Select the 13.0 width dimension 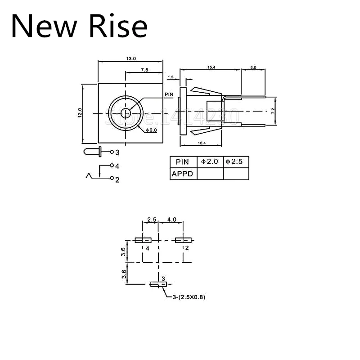130,58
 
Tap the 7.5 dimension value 144,70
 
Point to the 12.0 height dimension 79,112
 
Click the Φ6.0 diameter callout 151,130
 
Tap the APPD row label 183,173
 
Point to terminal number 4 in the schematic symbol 117,166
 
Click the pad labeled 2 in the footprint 182,240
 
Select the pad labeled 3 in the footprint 158,284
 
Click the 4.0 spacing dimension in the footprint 171,220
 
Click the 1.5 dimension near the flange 170,77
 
